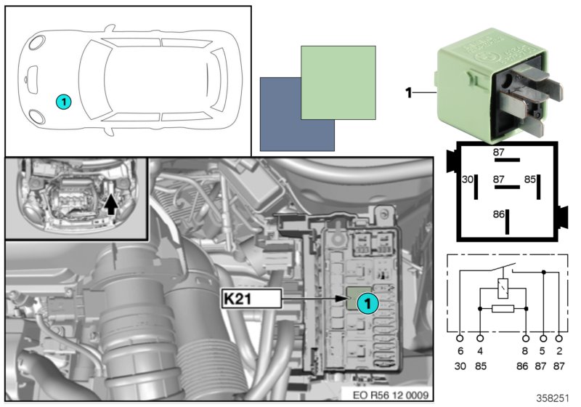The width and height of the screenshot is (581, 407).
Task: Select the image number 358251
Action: (x=554, y=399)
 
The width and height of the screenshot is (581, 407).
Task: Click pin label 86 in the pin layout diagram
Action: (x=497, y=215)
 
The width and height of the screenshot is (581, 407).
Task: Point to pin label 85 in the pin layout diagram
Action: (x=530, y=178)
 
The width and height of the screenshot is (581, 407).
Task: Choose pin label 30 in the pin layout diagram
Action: (x=468, y=178)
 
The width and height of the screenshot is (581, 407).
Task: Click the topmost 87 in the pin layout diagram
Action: (x=498, y=152)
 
